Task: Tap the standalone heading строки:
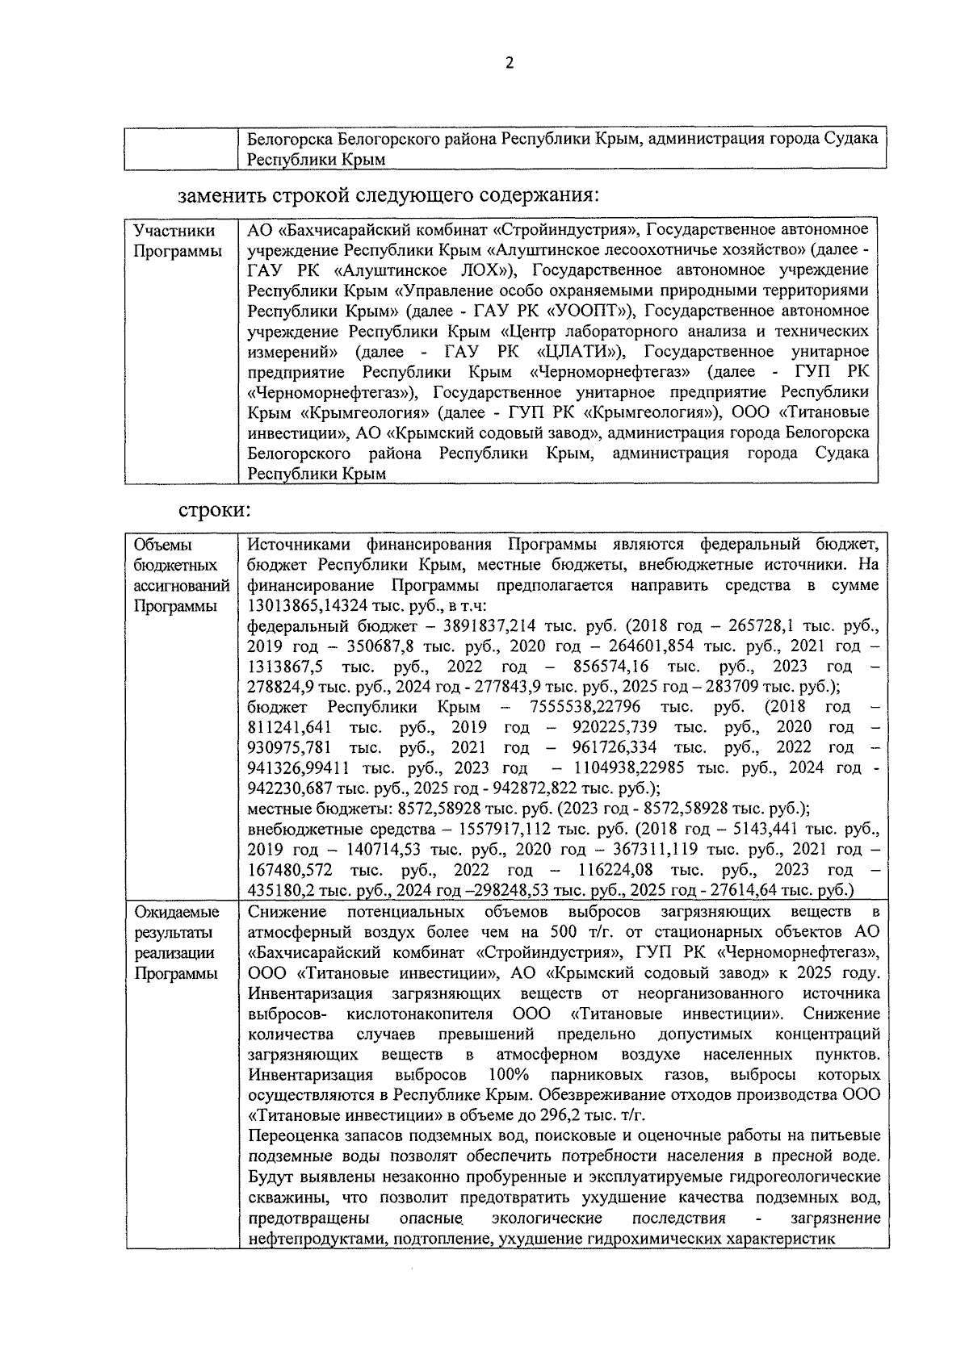(x=214, y=510)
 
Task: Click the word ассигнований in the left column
(x=181, y=585)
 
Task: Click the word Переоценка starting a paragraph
(x=289, y=1137)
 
